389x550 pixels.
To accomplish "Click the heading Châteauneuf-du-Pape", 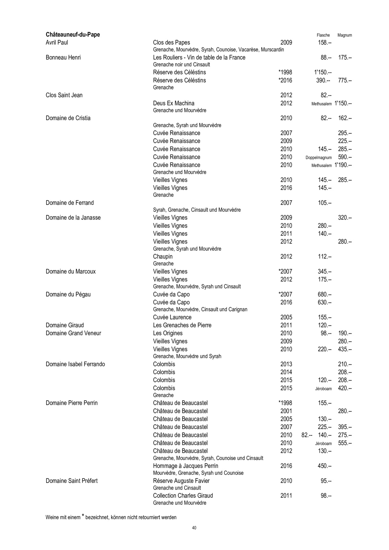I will coord(73,35).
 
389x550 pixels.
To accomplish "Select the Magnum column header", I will coord(344,35).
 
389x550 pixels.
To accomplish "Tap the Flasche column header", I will coord(323,35).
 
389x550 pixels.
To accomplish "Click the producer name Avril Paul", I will coord(57,43).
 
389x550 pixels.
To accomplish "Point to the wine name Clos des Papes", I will coord(171,43).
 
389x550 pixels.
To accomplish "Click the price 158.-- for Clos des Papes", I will coord(324,43).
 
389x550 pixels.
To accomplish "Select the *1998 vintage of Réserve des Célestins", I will coord(285,72).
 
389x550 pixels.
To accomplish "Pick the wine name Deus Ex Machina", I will coord(173,103).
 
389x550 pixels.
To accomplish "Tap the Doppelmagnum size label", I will coord(318,158).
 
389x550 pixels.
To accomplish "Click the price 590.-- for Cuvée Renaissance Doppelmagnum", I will coord(345,157).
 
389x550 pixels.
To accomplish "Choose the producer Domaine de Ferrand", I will coord(70,203).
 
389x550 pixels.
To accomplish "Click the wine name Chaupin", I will coord(163,257).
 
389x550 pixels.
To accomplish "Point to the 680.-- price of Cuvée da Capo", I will coord(324,294).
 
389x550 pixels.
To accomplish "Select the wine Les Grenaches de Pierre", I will coord(182,325).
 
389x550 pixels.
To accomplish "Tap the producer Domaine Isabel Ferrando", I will coord(75,364).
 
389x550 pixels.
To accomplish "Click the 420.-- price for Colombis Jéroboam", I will coord(345,388).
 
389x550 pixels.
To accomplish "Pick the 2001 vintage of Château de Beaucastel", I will coord(286,411).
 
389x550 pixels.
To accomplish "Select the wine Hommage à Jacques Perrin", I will coord(186,466).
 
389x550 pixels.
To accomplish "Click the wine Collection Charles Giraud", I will coord(183,496).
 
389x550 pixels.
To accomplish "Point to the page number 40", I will coord(194,528).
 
